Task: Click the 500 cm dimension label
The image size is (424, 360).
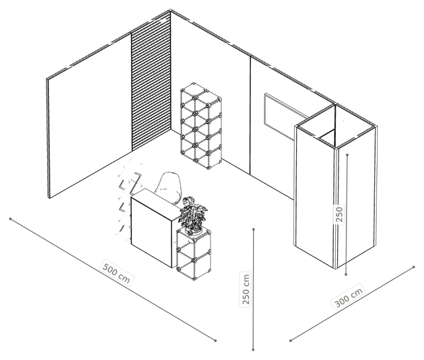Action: click(117, 272)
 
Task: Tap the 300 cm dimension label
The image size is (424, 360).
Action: click(349, 296)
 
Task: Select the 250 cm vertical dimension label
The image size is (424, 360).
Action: click(246, 289)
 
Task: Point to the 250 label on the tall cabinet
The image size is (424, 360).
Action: click(339, 214)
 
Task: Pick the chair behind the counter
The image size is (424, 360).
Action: click(169, 186)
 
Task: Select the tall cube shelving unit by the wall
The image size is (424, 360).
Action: click(201, 126)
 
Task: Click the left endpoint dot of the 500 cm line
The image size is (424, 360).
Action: click(11, 219)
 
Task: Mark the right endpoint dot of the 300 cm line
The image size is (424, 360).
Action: click(413, 267)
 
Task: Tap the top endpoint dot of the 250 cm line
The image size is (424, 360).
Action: click(253, 229)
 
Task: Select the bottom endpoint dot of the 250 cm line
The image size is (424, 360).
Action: click(253, 349)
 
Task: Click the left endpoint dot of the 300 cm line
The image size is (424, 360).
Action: click(291, 341)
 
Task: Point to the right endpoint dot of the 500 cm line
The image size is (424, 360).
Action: click(215, 341)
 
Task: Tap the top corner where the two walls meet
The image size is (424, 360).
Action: click(170, 11)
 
